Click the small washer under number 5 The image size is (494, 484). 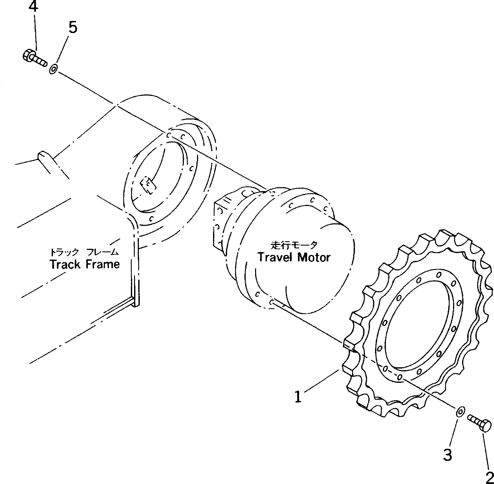tap(53, 69)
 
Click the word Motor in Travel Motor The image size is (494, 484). tap(314, 257)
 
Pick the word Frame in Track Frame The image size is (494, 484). tap(103, 264)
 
